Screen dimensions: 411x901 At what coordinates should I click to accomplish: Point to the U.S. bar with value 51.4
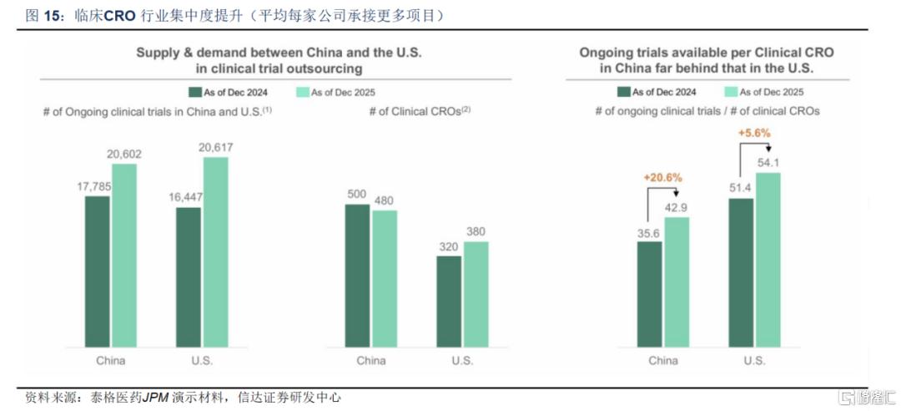click(742, 271)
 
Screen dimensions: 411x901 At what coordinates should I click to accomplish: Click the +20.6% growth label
click(663, 178)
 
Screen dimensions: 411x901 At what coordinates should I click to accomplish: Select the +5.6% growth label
click(754, 133)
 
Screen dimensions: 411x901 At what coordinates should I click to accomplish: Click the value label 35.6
click(650, 233)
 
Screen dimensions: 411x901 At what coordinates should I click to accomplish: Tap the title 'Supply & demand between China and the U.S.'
click(279, 52)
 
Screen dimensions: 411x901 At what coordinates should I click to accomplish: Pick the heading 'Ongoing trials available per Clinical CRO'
click(707, 52)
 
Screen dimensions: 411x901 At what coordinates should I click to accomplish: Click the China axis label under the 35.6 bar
click(663, 361)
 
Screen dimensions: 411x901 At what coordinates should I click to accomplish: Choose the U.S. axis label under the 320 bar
click(463, 361)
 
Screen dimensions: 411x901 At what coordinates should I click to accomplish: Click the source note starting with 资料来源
click(184, 398)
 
